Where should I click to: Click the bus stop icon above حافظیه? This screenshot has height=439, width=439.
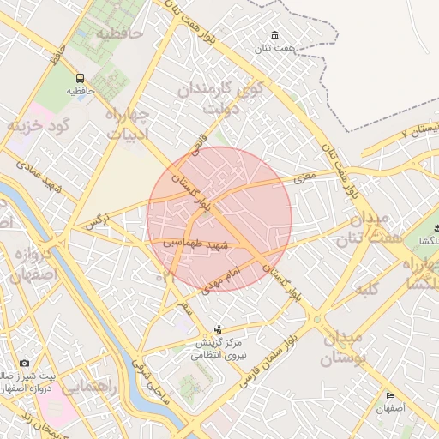click(x=79, y=76)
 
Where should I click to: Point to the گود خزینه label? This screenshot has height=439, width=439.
click(x=38, y=126)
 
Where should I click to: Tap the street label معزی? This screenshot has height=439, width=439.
click(x=305, y=178)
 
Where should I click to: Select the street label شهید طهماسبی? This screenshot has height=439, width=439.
click(x=196, y=244)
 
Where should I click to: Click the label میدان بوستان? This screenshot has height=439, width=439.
click(x=343, y=346)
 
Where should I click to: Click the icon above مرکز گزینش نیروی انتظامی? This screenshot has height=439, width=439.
click(x=218, y=329)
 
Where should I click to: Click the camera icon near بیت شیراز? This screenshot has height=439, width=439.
click(x=23, y=364)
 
